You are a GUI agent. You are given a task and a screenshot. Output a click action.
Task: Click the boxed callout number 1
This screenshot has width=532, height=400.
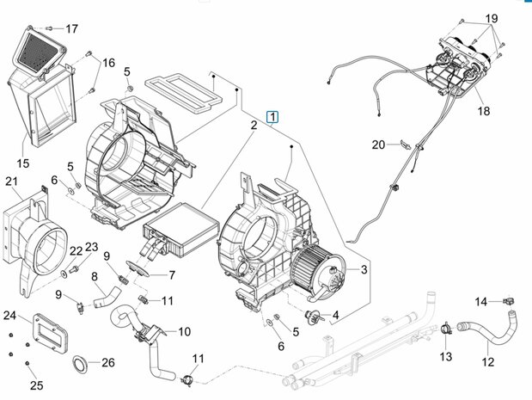pyautogui.click(x=272, y=117)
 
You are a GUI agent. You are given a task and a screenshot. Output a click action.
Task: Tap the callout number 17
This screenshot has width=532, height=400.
pyautogui.click(x=71, y=29)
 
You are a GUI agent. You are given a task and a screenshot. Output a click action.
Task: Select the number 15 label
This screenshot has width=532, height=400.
pyautogui.click(x=23, y=163)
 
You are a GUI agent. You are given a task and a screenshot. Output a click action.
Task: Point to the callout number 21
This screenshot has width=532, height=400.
pyautogui.click(x=11, y=181)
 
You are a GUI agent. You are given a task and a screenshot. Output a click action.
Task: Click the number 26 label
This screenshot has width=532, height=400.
pyautogui.click(x=108, y=363)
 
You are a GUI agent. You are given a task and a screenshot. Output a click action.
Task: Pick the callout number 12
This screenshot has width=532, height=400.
pyautogui.click(x=487, y=362)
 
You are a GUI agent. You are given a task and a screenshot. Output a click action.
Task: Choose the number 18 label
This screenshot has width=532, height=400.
pyautogui.click(x=484, y=111)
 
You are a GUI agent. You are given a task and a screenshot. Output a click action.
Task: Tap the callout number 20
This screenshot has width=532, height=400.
pyautogui.click(x=378, y=145)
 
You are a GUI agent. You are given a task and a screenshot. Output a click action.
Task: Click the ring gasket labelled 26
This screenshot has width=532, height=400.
pyautogui.click(x=80, y=365)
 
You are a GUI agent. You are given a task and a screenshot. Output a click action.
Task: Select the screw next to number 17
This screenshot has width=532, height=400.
pyautogui.click(x=50, y=28)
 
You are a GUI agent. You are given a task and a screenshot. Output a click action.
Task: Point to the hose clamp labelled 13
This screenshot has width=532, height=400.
pyautogui.click(x=446, y=329)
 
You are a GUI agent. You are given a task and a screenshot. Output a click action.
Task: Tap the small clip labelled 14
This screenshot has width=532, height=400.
pyautogui.click(x=509, y=300)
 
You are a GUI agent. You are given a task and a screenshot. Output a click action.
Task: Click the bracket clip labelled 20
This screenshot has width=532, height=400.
pyautogui.click(x=406, y=144)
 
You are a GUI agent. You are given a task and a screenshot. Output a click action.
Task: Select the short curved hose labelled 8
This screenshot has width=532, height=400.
pyautogui.click(x=107, y=298)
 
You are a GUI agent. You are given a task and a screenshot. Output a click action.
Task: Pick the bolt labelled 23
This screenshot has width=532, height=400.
pyautogui.click(x=73, y=269)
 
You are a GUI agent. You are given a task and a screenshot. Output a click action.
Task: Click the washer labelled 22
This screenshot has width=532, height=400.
pyautogui.click(x=64, y=274)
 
